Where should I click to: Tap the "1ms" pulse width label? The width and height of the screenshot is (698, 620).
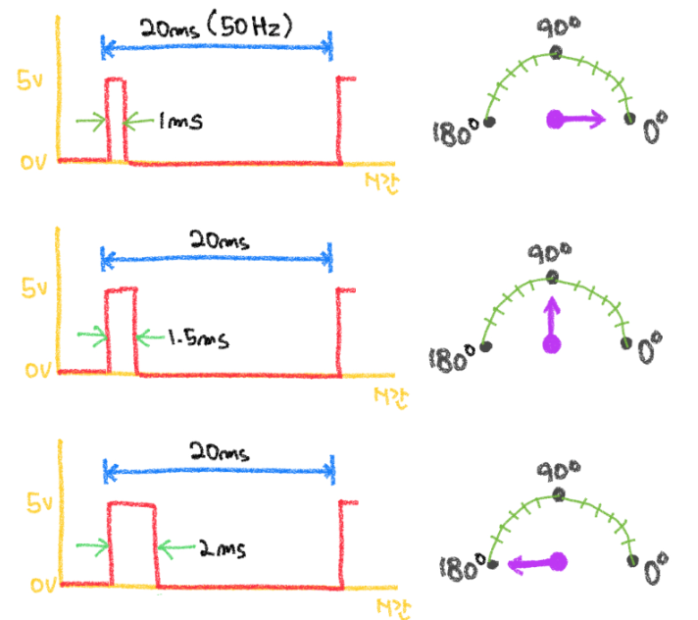(179, 123)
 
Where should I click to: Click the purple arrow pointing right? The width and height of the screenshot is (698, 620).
(578, 120)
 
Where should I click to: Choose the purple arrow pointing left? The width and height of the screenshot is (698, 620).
(534, 563)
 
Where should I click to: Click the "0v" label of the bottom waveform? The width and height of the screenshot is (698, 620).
(30, 586)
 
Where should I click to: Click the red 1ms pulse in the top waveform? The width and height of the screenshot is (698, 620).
(116, 118)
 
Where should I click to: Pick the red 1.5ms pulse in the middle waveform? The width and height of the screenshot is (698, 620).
(122, 330)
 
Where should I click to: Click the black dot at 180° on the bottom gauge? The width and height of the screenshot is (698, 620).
(492, 563)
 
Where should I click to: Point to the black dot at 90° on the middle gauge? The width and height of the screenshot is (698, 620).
(553, 277)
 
